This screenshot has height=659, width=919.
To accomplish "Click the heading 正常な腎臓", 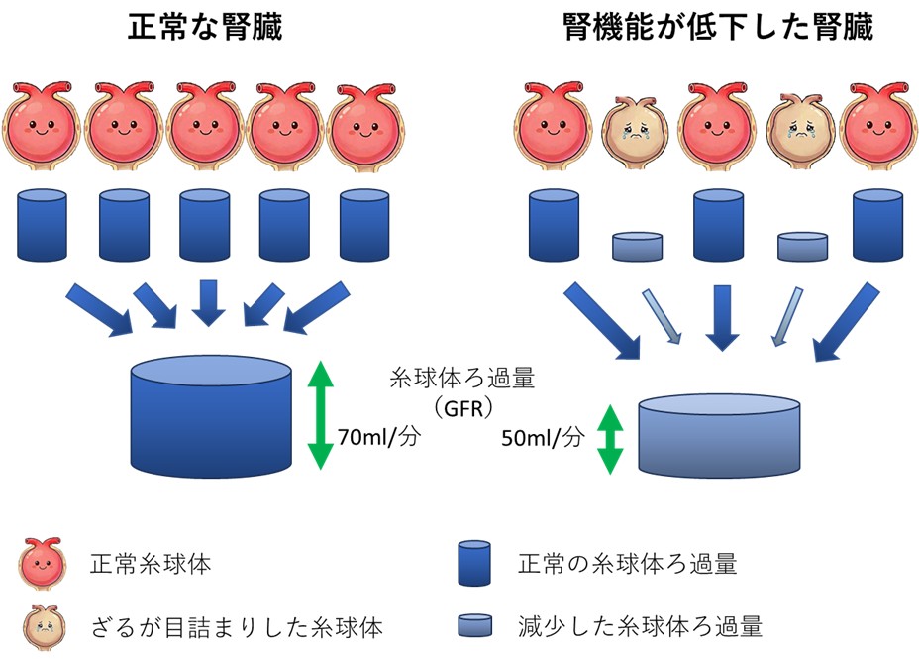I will point(205,27).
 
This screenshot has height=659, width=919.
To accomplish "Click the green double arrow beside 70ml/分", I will point(319,414).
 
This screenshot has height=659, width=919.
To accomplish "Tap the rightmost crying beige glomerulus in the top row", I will point(800,126).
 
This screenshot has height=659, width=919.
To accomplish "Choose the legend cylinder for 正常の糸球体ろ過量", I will point(474,565).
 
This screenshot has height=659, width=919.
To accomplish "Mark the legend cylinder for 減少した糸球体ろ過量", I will point(474,626).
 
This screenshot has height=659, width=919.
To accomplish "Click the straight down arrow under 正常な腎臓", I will point(208,302).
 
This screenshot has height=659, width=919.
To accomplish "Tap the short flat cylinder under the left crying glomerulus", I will point(637,247).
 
